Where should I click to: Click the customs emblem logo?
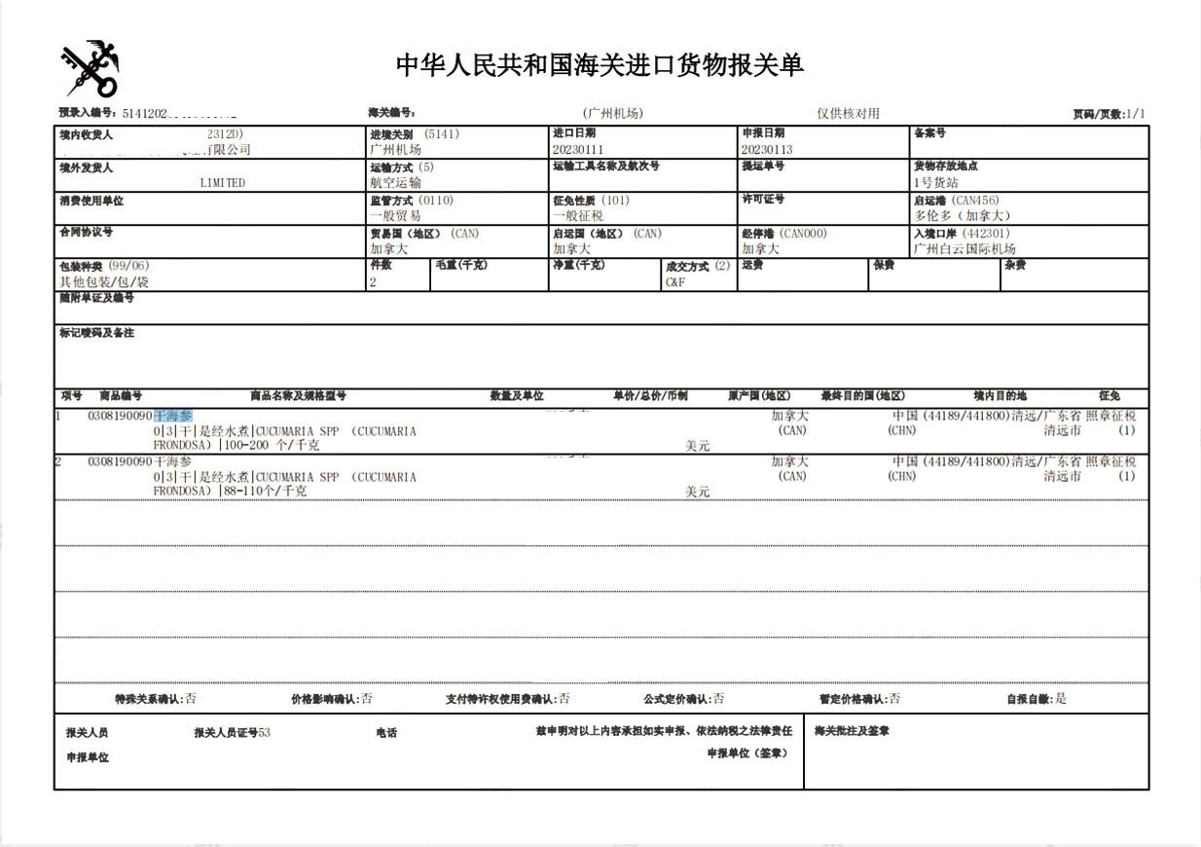[91, 68]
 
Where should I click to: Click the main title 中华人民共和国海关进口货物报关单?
[600, 65]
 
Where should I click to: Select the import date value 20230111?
[578, 150]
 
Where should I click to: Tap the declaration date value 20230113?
[767, 150]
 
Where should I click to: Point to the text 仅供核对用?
[848, 114]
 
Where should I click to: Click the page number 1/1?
[1135, 115]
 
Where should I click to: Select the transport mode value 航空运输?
[395, 183]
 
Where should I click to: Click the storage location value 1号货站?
[935, 183]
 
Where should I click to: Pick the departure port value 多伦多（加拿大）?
[963, 216]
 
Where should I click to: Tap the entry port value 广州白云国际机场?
[964, 249]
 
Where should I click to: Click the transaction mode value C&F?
[675, 282]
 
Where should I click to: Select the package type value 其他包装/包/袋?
[104, 282]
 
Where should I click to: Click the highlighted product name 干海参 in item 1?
[173, 416]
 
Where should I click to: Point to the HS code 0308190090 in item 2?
[120, 461]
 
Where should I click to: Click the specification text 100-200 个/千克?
[272, 446]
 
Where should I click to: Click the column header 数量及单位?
[517, 396]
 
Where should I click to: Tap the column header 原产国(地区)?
[759, 396]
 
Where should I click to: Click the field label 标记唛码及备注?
[96, 333]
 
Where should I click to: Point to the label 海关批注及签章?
[852, 731]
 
